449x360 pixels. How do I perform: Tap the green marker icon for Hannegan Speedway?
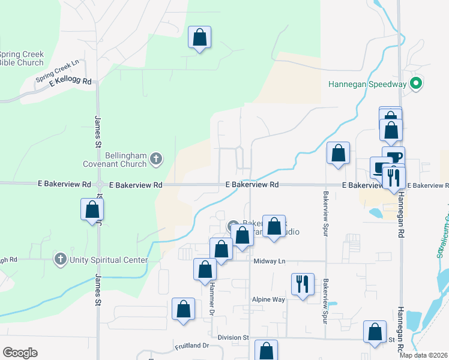[x=415, y=84]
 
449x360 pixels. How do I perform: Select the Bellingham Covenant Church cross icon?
[x=155, y=159]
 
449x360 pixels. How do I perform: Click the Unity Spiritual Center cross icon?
[x=60, y=260]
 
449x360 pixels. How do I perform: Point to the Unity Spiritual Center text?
[x=109, y=260]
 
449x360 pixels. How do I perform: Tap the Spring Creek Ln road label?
[x=58, y=71]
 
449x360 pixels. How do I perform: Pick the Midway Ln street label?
[x=268, y=261]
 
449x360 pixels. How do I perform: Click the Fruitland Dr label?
[x=191, y=346]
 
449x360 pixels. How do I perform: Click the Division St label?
[x=233, y=338]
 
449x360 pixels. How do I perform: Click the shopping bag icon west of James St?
[x=92, y=209]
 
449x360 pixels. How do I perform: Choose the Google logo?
[x=20, y=353]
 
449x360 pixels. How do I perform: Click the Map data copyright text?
[x=424, y=355]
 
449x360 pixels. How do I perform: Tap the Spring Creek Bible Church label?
[x=22, y=58]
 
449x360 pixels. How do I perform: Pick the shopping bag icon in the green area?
[x=200, y=38]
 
